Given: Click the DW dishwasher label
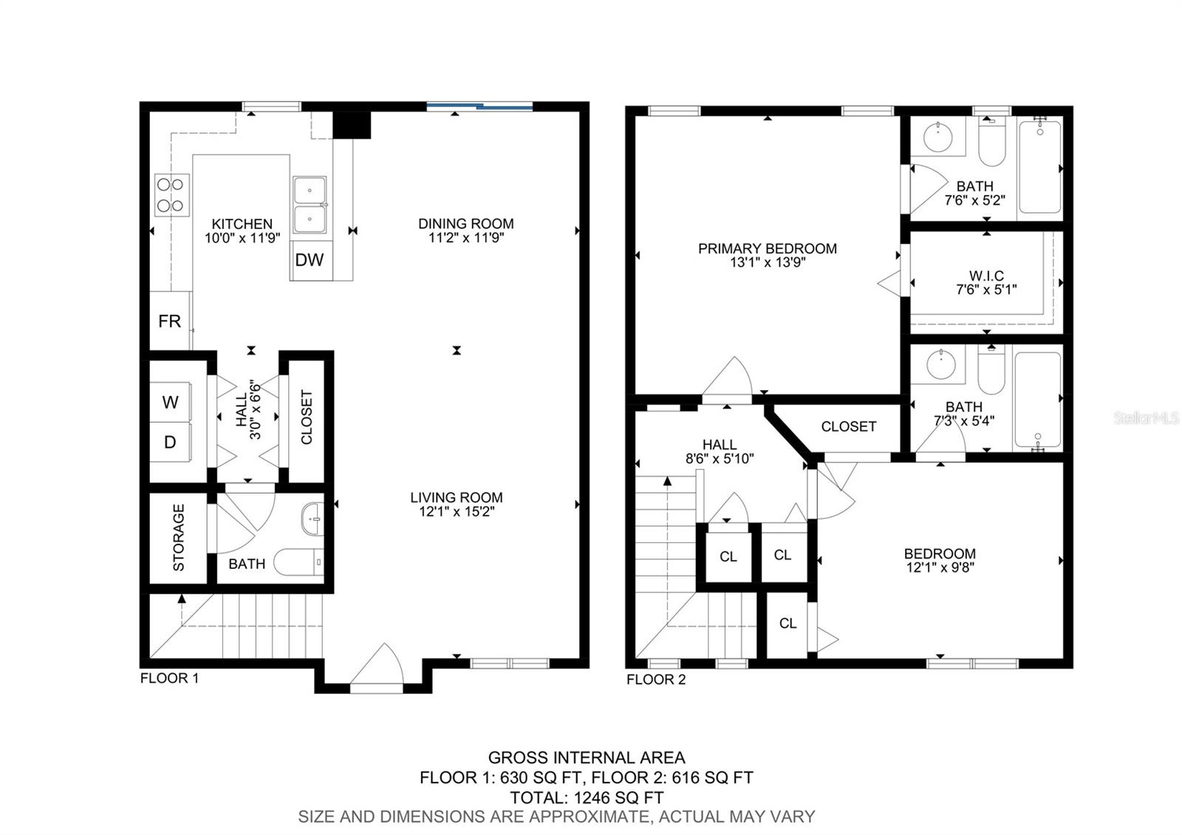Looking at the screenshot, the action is click(310, 259).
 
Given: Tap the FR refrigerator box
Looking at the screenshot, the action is click(170, 321).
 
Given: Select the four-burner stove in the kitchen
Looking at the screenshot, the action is click(172, 195).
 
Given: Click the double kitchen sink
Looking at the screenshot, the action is click(310, 205).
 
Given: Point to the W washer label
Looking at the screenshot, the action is click(170, 402).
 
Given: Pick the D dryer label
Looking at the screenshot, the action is click(170, 443).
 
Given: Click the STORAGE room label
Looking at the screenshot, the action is click(179, 537).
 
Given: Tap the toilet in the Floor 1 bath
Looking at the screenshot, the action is click(298, 562).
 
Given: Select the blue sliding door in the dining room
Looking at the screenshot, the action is click(479, 107).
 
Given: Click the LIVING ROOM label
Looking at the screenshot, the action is click(457, 497).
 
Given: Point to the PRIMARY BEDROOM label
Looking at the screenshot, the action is click(768, 248).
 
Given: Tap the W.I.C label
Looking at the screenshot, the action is click(986, 276).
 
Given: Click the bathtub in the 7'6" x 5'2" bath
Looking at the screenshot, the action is click(1040, 167).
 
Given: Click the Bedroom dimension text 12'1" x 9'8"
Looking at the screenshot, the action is click(940, 568).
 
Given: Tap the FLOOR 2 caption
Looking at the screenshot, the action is click(656, 679).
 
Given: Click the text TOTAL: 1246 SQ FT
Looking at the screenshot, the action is click(587, 797).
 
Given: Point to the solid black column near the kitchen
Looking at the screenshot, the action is click(352, 125).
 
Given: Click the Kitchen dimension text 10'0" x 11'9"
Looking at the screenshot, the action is click(242, 238).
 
